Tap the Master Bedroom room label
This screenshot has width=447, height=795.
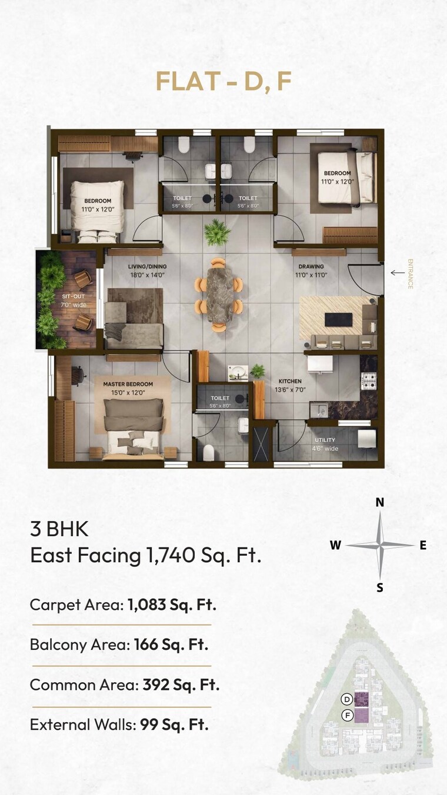click(x=128, y=384)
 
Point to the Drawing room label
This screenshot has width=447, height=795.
click(x=311, y=266)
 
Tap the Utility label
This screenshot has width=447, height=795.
click(x=325, y=440)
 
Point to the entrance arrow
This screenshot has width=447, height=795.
click(x=398, y=272)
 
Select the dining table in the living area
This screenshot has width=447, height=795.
click(x=218, y=292)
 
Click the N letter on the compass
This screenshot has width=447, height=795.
click(x=380, y=502)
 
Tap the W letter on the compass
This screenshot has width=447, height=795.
click(x=335, y=545)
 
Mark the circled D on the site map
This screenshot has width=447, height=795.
click(x=347, y=699)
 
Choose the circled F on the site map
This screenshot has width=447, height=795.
click(x=347, y=716)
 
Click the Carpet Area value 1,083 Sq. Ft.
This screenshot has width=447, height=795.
click(x=172, y=604)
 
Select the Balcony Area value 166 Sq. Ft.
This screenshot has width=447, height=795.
click(x=171, y=644)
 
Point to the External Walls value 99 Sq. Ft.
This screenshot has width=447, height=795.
click(x=174, y=724)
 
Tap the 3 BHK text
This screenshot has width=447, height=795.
click(x=59, y=529)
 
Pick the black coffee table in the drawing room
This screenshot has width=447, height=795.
click(x=338, y=319)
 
